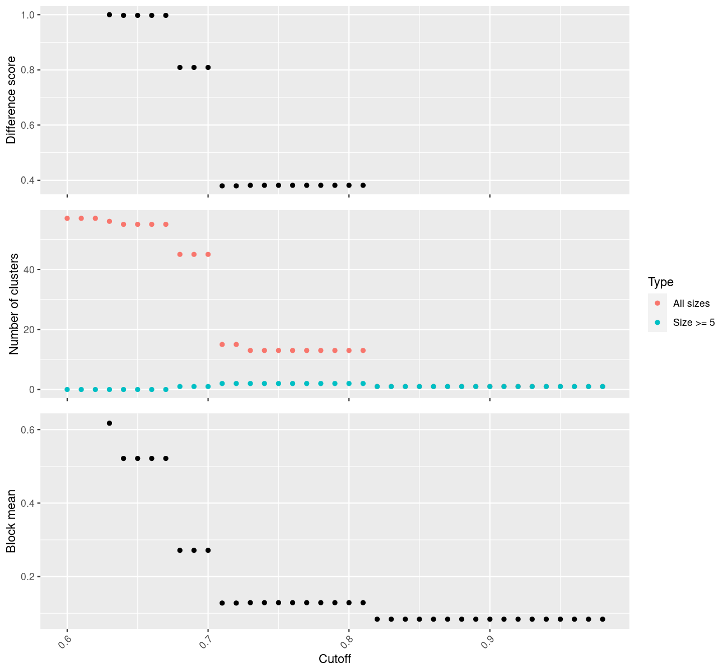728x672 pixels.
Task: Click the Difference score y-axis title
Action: pyautogui.click(x=11, y=100)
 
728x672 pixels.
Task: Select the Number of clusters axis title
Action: pyautogui.click(x=15, y=304)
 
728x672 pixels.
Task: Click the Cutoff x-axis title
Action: pyautogui.click(x=335, y=659)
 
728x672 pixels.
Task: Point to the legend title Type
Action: pyautogui.click(x=660, y=282)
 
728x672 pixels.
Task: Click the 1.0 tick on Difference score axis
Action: pyautogui.click(x=27, y=15)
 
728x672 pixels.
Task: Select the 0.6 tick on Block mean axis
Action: pyautogui.click(x=27, y=430)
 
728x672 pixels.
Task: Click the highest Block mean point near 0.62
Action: pyautogui.click(x=109, y=423)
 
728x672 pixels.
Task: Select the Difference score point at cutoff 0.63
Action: pyautogui.click(x=109, y=15)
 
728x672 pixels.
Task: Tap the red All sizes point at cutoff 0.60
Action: pyautogui.click(x=67, y=218)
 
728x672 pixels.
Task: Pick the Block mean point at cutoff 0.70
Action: pyautogui.click(x=208, y=550)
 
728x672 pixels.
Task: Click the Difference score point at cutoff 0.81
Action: pyautogui.click(x=363, y=185)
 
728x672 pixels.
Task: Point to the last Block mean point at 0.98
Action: pyautogui.click(x=603, y=619)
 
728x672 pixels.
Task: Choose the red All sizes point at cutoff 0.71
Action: pyautogui.click(x=222, y=344)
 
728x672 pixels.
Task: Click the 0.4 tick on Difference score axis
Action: pyautogui.click(x=27, y=180)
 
